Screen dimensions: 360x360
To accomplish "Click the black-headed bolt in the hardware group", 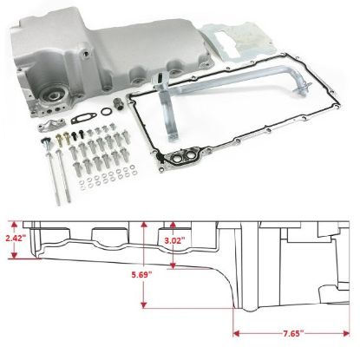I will pyautogui.click(x=75, y=135).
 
